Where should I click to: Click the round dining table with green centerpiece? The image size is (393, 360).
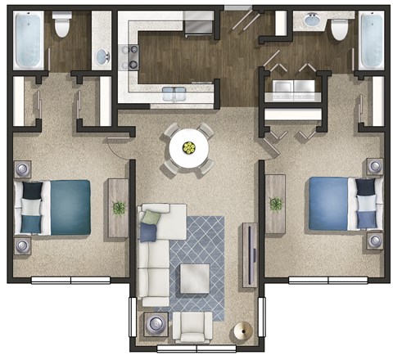click(x=189, y=149)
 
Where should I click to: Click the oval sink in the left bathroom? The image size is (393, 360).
click(x=102, y=56)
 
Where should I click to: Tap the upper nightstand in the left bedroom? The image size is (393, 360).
click(x=23, y=170)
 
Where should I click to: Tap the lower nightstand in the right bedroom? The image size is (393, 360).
click(x=375, y=240)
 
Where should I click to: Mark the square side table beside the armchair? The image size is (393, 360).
click(x=156, y=326)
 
